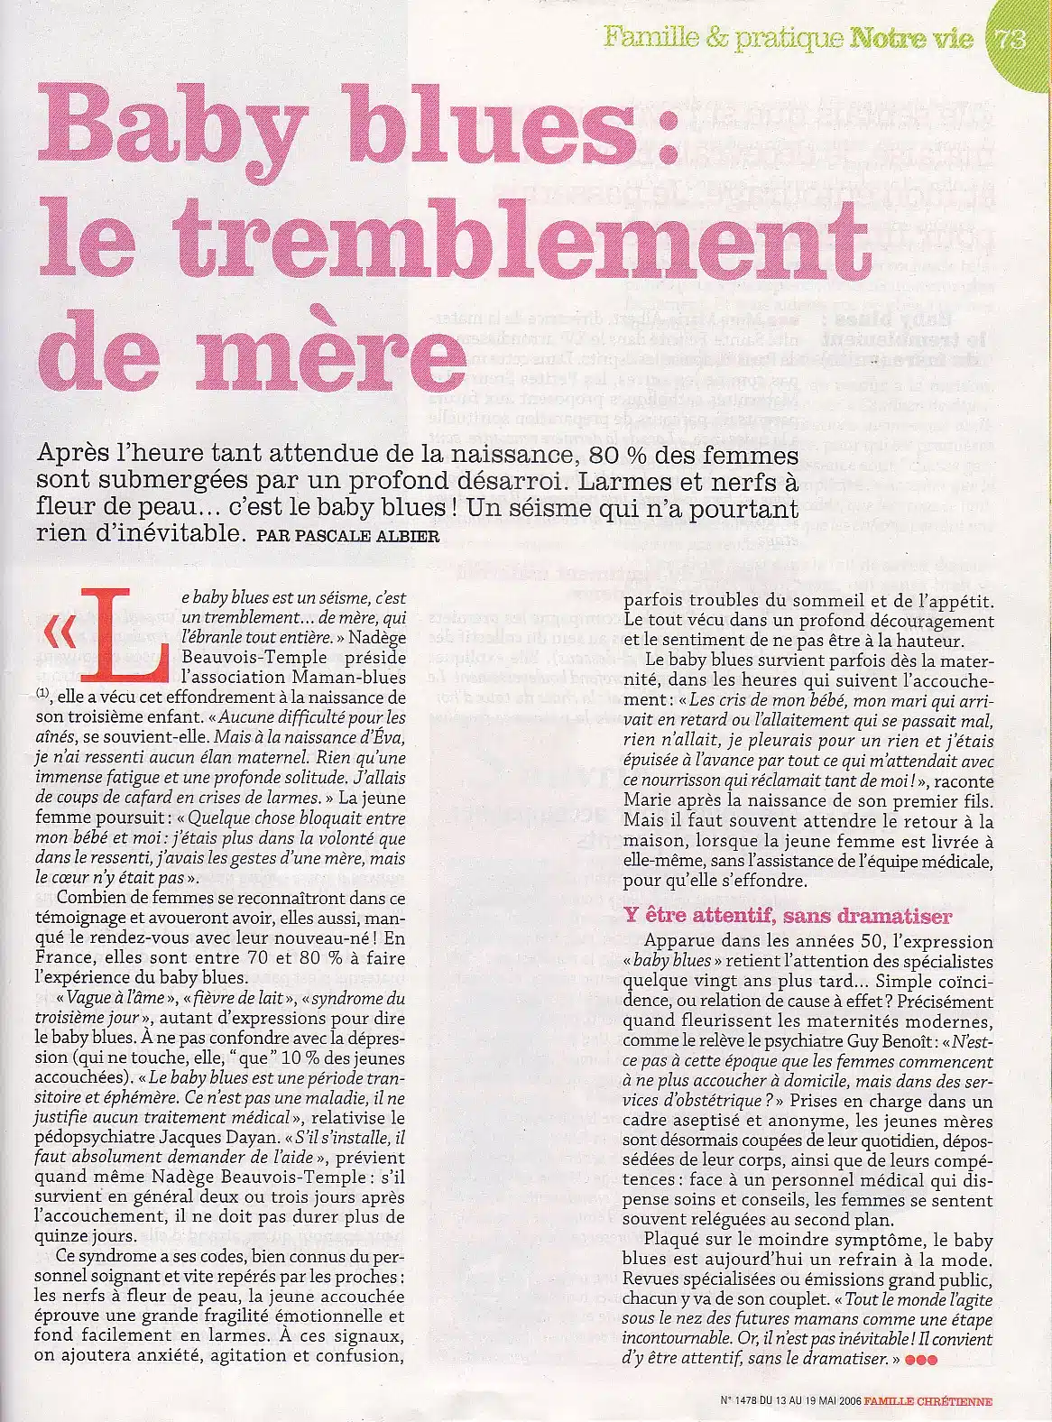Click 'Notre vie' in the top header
(x=911, y=39)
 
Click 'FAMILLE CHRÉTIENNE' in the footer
(x=927, y=1401)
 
